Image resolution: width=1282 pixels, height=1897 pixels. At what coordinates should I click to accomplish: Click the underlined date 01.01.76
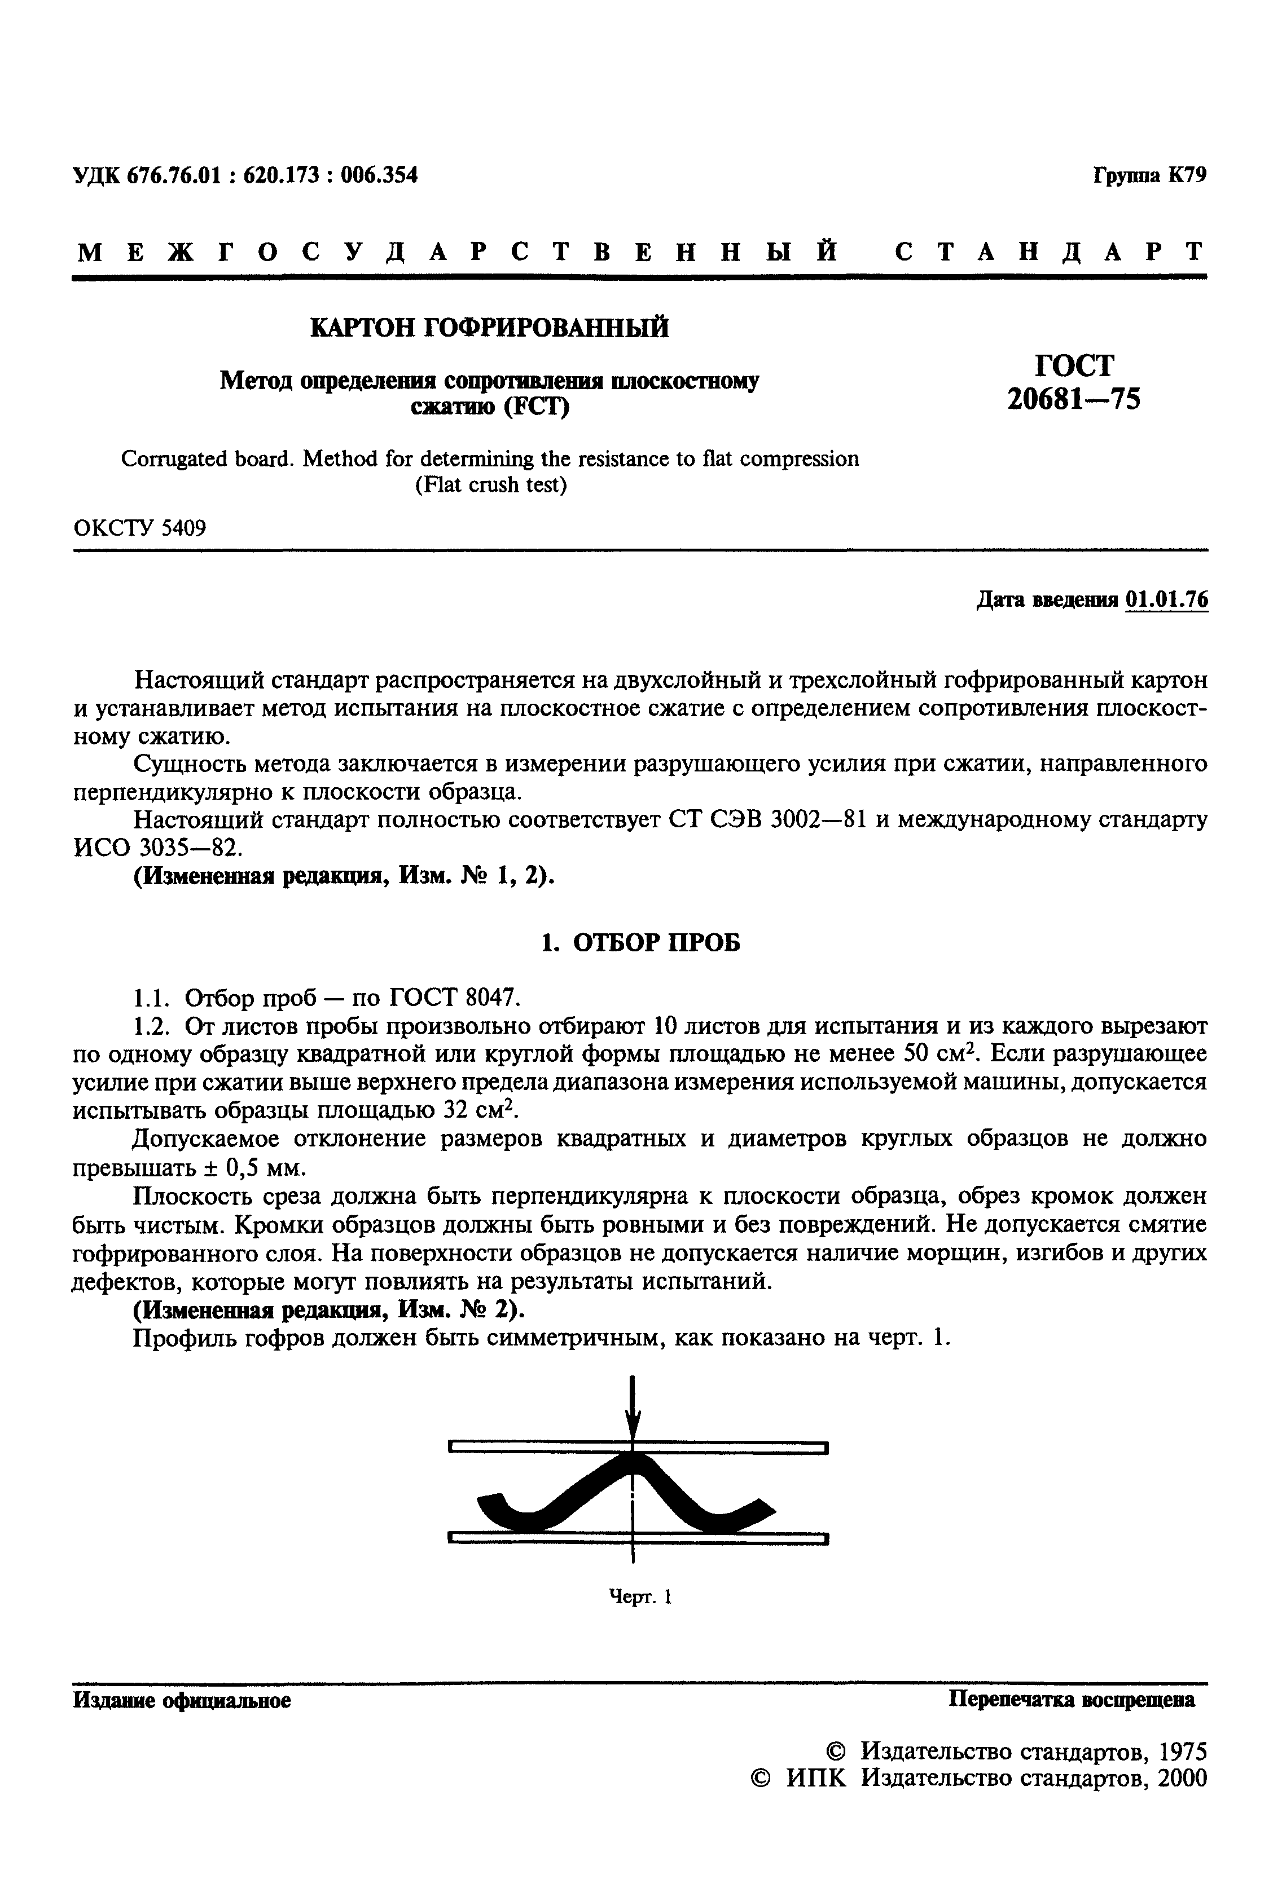[1166, 600]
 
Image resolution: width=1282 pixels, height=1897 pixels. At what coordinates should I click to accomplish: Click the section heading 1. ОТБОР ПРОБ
[641, 943]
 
